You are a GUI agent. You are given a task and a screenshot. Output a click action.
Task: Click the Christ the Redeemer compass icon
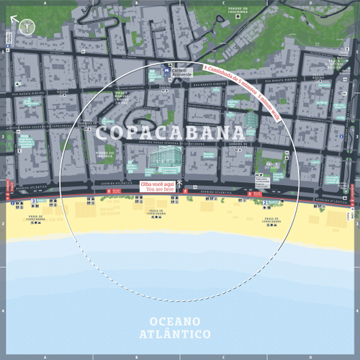pos(27,27)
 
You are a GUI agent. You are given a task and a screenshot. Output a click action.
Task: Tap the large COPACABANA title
pos(167,133)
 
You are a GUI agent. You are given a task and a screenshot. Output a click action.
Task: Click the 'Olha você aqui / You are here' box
pos(157,185)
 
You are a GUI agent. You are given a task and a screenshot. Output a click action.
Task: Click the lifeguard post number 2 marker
pos(265,203)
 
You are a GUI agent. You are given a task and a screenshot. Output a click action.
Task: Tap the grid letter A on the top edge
pos(45,3)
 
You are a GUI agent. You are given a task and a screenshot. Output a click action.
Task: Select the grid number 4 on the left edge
pos(3,311)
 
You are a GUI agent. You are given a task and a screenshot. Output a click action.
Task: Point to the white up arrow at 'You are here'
pos(179,185)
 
